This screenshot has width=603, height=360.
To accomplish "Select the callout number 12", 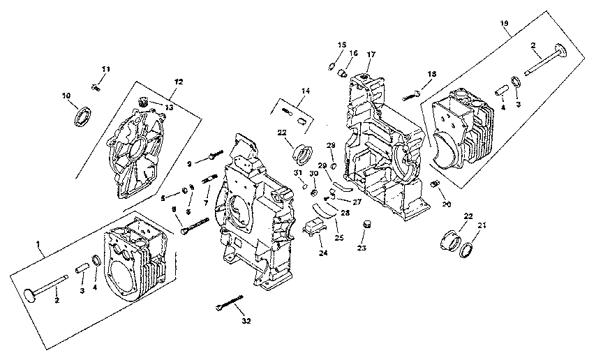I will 179,82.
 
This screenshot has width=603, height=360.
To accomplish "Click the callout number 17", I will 371,54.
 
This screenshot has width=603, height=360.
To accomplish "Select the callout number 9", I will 189,164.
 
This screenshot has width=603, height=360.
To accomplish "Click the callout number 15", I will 341,45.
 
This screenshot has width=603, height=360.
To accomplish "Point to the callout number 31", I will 296,173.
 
